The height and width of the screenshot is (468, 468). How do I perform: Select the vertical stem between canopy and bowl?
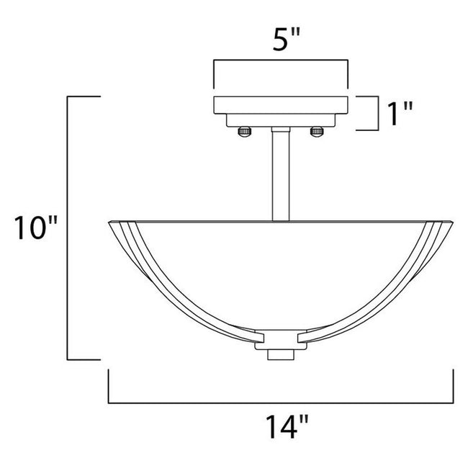pos(281,173)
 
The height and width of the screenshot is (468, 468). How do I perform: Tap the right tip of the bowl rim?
pos(454,222)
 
